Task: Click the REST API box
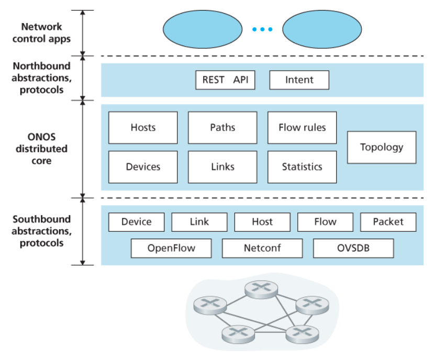[225, 80]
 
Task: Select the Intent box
[299, 80]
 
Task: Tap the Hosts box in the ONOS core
[143, 127]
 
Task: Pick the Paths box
[222, 127]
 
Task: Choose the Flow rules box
[302, 127]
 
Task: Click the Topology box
[382, 147]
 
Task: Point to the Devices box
[143, 167]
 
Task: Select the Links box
[222, 167]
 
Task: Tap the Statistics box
[302, 167]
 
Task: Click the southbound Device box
[136, 222]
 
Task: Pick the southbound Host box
[262, 222]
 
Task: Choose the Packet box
[388, 222]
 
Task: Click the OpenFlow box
[171, 248]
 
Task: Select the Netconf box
[262, 248]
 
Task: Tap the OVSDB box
[353, 248]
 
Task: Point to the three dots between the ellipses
[262, 29]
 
